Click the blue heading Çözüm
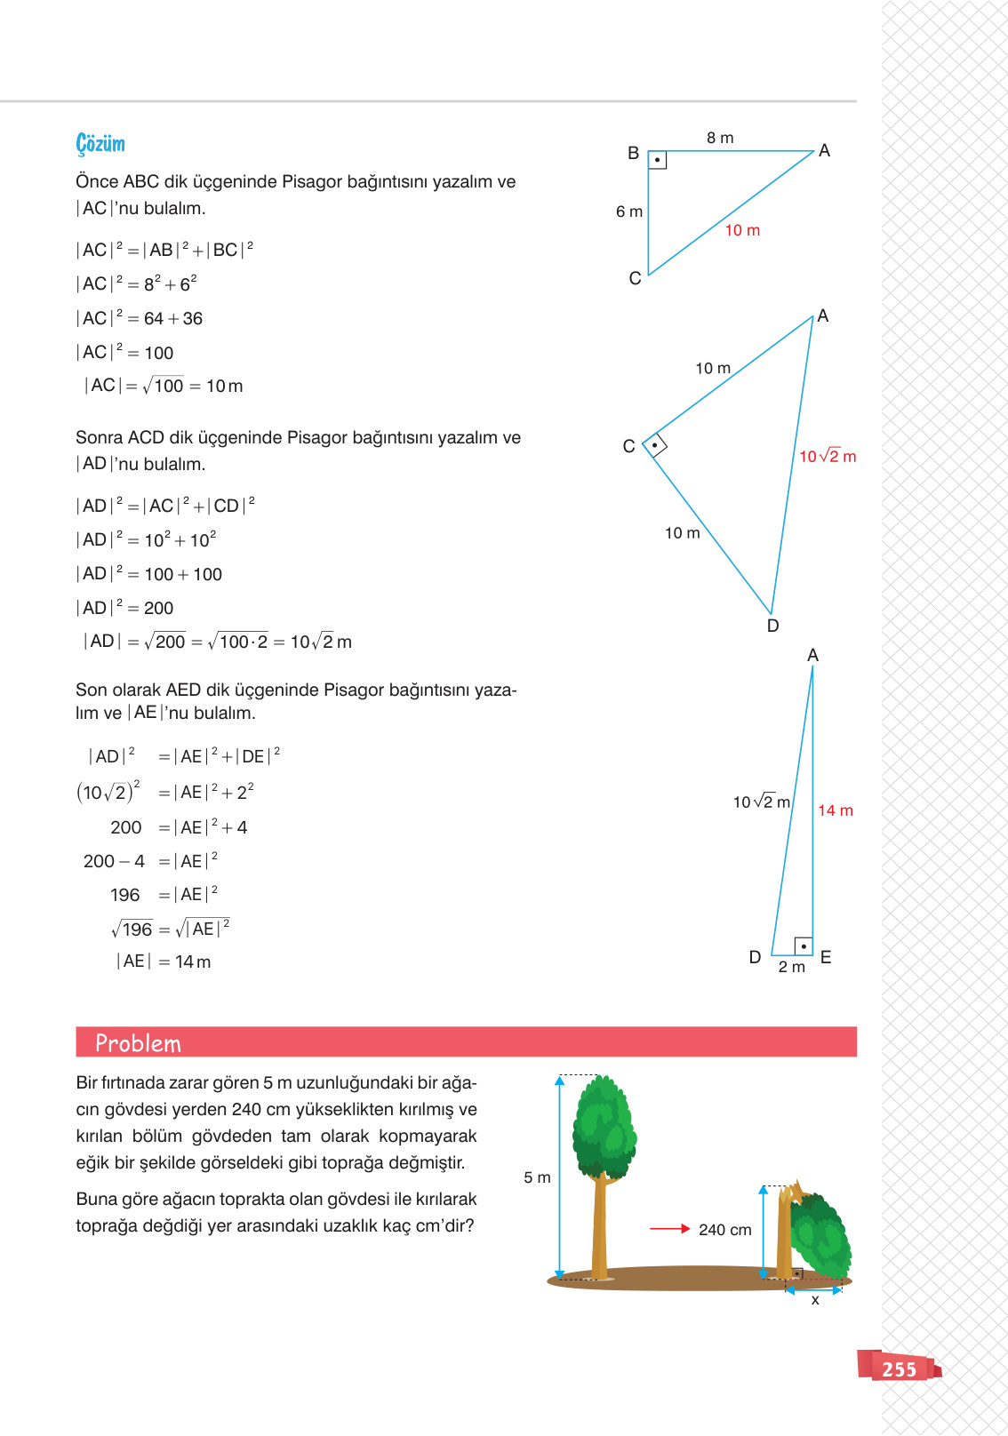point(100,144)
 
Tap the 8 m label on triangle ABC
point(720,138)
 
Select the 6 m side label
point(629,211)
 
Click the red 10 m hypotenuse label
point(742,230)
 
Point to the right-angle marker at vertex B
point(657,160)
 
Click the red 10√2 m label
point(827,457)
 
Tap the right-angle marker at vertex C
point(655,444)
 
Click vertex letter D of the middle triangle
point(772,626)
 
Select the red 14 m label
point(835,810)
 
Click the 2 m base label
point(791,967)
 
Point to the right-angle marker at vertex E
point(803,946)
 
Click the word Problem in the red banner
point(138,1043)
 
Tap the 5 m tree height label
point(537,1177)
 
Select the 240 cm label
point(724,1230)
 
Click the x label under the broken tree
point(814,1300)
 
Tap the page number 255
point(899,1369)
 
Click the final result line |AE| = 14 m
point(164,961)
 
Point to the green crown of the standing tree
point(604,1124)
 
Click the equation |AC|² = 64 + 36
point(140,318)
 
